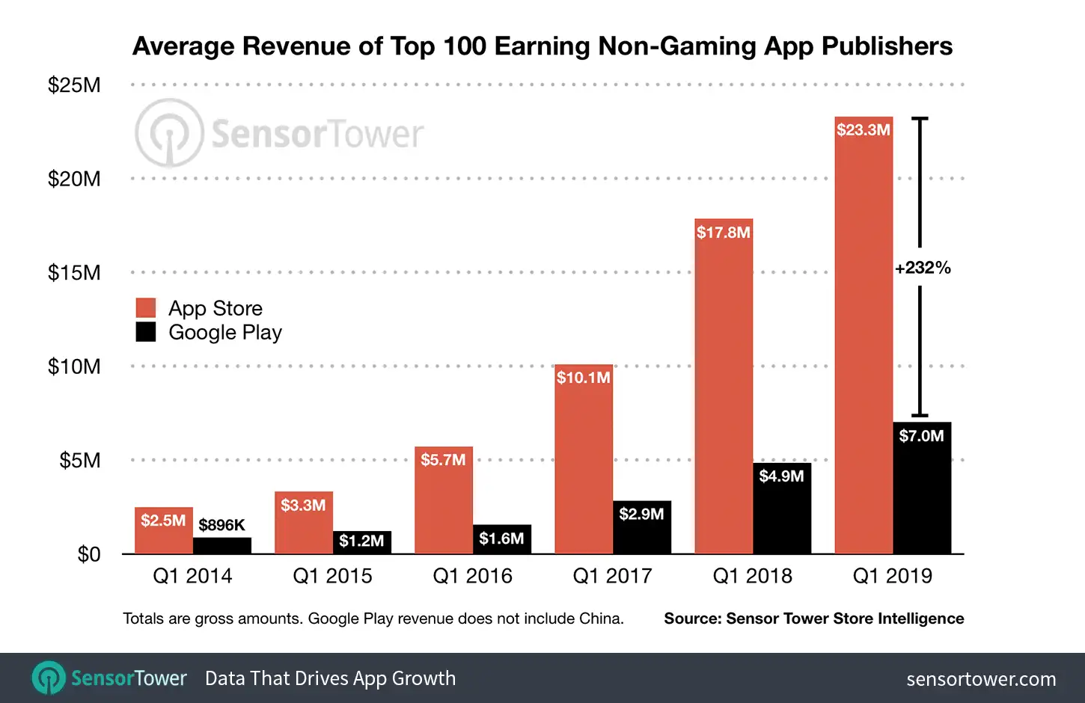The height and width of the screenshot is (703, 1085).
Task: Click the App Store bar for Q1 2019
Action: (x=864, y=337)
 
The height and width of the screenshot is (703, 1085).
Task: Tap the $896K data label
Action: (x=221, y=525)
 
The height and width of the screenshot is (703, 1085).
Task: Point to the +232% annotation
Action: (x=923, y=268)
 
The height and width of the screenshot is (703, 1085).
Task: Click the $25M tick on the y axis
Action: (x=74, y=85)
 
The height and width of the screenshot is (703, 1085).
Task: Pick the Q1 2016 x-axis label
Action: (x=472, y=576)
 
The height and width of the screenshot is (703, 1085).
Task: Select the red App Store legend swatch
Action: (x=146, y=308)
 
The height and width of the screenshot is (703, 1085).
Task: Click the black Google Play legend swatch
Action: (x=146, y=332)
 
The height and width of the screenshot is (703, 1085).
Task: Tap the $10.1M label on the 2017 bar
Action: (x=583, y=378)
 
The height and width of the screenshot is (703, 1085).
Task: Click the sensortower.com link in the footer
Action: (x=981, y=679)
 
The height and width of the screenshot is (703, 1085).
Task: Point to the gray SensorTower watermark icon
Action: (x=169, y=133)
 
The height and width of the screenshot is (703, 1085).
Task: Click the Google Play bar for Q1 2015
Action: (x=361, y=543)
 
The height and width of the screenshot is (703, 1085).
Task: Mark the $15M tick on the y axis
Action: (x=74, y=273)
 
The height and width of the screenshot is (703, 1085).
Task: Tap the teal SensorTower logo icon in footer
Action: (x=49, y=678)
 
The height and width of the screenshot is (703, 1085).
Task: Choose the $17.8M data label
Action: (x=723, y=233)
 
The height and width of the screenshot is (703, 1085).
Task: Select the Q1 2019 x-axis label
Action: (x=892, y=576)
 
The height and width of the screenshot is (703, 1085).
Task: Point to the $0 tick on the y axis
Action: (x=89, y=554)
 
